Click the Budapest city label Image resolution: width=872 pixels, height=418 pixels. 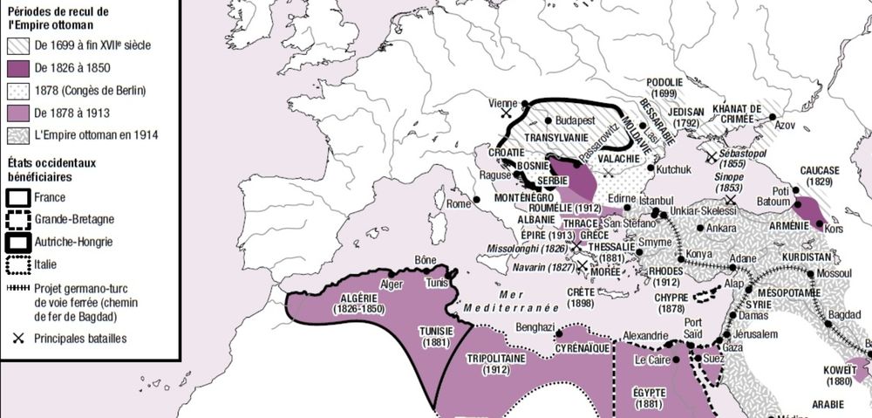click(575, 120)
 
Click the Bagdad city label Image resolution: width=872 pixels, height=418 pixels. click(845, 313)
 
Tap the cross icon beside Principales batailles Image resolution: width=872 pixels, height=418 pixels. click(18, 338)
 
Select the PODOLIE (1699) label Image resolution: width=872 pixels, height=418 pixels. click(664, 87)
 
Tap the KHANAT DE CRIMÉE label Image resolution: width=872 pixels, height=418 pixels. click(738, 113)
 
